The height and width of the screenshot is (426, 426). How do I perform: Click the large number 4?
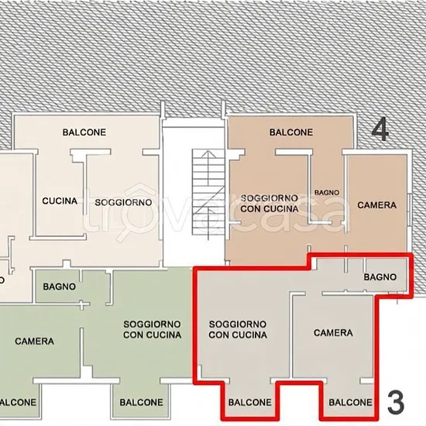[380, 129]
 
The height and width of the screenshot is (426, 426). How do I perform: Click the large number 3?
[396, 402]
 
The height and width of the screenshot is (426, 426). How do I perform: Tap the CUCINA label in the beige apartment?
[60, 201]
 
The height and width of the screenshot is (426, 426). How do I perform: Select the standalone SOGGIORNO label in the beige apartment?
[123, 202]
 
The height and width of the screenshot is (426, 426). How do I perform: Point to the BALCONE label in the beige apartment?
[84, 132]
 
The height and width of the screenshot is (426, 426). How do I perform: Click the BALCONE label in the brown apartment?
[291, 132]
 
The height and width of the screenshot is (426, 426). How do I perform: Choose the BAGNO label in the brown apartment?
[327, 193]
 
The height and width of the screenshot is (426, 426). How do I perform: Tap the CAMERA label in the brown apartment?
[377, 205]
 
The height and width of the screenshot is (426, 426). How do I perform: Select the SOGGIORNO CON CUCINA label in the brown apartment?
[270, 204]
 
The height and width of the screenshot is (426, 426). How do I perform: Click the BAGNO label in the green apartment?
[59, 287]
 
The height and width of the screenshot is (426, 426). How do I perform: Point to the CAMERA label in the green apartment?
[35, 342]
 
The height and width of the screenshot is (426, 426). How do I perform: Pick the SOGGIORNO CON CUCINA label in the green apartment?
[152, 329]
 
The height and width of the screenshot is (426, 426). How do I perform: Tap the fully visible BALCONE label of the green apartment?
[141, 402]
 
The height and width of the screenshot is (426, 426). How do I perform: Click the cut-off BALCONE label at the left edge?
[18, 402]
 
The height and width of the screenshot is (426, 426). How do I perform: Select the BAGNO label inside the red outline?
[380, 277]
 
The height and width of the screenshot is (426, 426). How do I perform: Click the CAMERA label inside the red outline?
[333, 333]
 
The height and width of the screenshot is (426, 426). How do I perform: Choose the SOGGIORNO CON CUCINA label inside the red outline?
[238, 329]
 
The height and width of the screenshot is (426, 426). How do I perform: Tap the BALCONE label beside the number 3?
[350, 402]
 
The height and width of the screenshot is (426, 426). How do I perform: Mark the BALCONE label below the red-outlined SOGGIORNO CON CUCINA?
[250, 402]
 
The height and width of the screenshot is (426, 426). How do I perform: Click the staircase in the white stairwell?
[208, 192]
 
